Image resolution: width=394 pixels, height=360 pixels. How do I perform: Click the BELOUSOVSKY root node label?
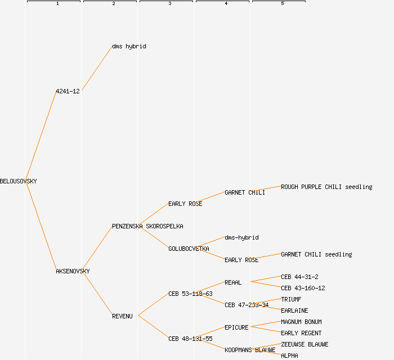click(x=18, y=181)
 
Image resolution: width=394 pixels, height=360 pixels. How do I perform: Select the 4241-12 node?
click(x=68, y=91)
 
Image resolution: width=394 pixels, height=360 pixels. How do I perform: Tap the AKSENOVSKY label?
click(x=73, y=271)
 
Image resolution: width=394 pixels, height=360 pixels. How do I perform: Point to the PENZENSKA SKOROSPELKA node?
click(x=147, y=226)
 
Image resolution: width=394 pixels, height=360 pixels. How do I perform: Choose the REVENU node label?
click(x=122, y=316)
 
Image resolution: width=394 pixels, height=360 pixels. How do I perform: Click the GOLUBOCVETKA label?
click(x=189, y=249)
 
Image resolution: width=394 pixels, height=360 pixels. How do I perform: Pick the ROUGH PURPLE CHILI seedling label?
click(x=326, y=187)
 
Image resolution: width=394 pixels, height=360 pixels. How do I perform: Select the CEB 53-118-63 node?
click(x=190, y=294)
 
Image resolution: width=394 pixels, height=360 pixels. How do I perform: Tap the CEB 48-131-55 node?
click(x=190, y=339)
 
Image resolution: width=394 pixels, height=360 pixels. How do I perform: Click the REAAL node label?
click(x=233, y=282)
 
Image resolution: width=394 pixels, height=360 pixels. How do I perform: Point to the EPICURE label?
click(x=236, y=327)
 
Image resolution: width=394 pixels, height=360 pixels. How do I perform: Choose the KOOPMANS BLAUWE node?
click(x=250, y=350)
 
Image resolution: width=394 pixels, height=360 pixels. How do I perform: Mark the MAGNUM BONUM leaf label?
click(x=301, y=322)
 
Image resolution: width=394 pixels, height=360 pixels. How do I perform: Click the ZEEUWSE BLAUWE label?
click(x=305, y=344)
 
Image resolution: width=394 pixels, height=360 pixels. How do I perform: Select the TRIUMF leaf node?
click(x=291, y=299)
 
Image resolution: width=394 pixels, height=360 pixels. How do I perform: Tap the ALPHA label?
click(x=289, y=355)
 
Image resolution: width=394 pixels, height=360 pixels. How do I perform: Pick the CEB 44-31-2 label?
click(x=299, y=277)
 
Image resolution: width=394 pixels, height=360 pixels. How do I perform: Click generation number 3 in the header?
click(x=169, y=4)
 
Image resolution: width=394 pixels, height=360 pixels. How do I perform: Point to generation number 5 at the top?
click(x=282, y=4)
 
